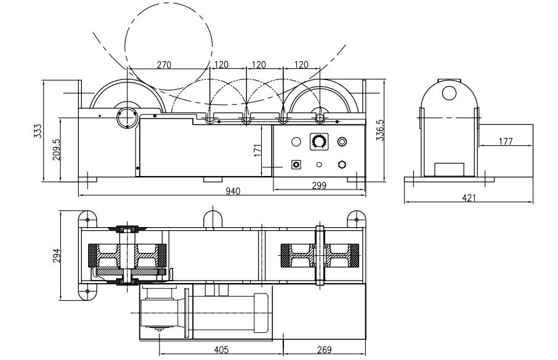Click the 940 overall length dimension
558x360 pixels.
coord(233,191)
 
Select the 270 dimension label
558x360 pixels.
coord(164,65)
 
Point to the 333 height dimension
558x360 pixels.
coord(38,131)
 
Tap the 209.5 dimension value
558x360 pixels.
coord(57,150)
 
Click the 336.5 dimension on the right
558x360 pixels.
coord(380,130)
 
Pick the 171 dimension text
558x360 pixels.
coord(257,150)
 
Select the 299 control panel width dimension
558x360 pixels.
coord(319,186)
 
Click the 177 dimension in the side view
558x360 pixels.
coord(505,141)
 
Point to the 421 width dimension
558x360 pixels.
coord(469,198)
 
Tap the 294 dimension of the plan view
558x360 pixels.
coord(57,255)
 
